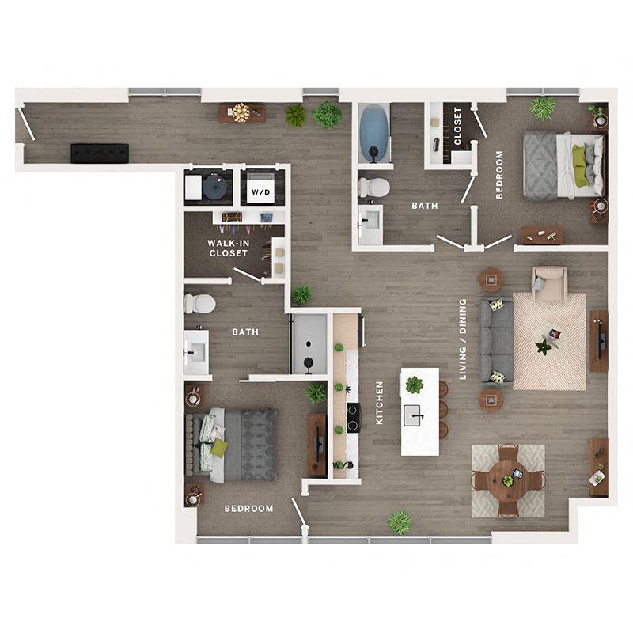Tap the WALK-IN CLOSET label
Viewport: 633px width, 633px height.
228,248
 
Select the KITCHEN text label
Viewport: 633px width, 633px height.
380,403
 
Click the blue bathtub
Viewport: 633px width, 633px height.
374,133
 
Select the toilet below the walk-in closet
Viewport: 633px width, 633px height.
200,303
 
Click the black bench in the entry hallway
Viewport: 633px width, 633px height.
99,153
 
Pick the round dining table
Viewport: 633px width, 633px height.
507,480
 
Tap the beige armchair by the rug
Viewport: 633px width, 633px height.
549,282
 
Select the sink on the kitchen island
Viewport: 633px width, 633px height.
415,414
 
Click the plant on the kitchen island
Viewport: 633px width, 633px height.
414,385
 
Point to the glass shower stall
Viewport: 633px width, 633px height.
308,343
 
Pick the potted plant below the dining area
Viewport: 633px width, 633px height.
400,522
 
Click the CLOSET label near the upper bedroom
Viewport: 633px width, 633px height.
459,126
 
